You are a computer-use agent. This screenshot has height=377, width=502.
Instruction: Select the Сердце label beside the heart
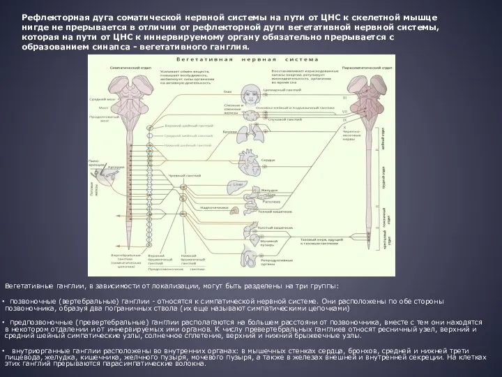pyautogui.click(x=268, y=160)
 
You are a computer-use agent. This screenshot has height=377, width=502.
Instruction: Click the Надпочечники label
pyautogui.click(x=209, y=207)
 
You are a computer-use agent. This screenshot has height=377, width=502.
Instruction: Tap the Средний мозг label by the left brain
pyautogui.click(x=97, y=99)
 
